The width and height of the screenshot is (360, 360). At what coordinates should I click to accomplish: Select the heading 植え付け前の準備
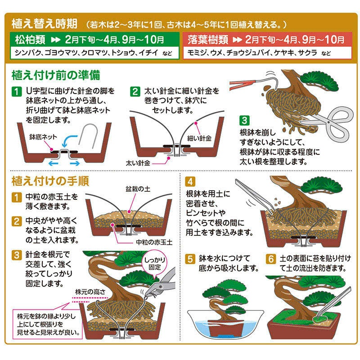tap(55, 74)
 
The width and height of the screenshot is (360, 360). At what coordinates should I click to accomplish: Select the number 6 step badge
tap(270, 259)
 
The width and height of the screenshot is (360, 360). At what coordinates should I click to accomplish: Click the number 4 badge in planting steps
tap(190, 182)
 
